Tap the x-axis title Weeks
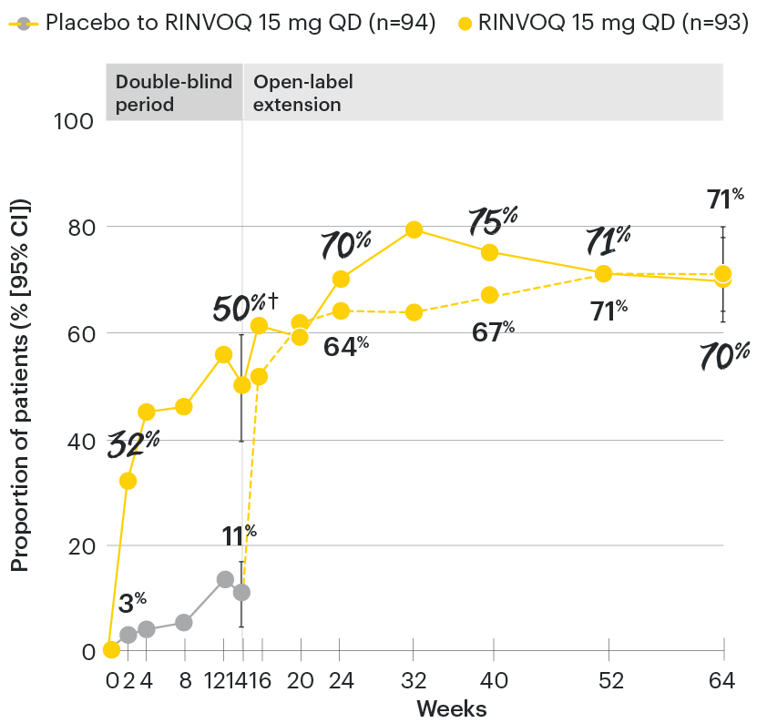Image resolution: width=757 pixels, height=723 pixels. (x=451, y=708)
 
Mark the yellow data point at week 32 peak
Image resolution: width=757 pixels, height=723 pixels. (x=414, y=229)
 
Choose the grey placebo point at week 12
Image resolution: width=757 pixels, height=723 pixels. (x=224, y=579)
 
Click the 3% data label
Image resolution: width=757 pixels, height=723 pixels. (x=132, y=602)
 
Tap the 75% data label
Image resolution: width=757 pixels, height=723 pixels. (x=492, y=219)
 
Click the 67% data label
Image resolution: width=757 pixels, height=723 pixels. (x=492, y=331)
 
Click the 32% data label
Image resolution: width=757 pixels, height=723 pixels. (x=133, y=443)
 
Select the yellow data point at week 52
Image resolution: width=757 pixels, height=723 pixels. (x=603, y=273)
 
